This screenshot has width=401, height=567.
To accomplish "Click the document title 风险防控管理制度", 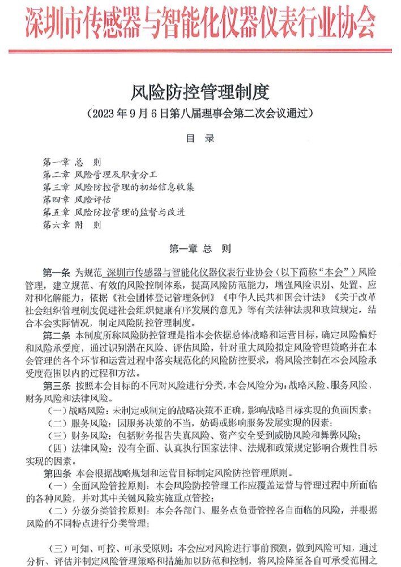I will pos(200,90).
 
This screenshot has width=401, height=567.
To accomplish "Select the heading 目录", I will pos(200,137).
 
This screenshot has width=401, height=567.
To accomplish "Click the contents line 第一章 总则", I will pos(72,162).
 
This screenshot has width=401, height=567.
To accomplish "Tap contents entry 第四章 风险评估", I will pos(77,200).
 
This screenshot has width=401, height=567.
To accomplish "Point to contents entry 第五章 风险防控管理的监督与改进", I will pos(114,212).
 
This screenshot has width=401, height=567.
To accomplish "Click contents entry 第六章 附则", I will pos(72,225).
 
